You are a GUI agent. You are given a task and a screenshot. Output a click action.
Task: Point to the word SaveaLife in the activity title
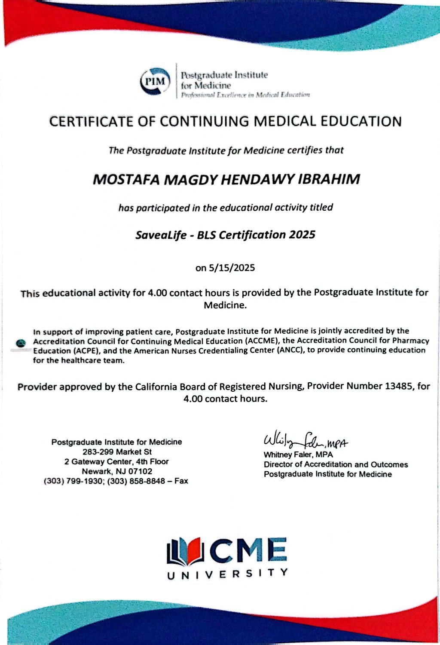tap(160, 235)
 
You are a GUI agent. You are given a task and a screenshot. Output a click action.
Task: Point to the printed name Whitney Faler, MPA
tap(298, 455)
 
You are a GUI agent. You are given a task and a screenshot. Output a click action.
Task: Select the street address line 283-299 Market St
tap(117, 452)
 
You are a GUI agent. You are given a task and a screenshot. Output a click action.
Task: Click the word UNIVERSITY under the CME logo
tap(227, 573)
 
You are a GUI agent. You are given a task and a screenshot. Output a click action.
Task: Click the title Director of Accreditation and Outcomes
tap(336, 464)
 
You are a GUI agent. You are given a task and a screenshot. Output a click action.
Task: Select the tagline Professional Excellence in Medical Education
tap(245, 95)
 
